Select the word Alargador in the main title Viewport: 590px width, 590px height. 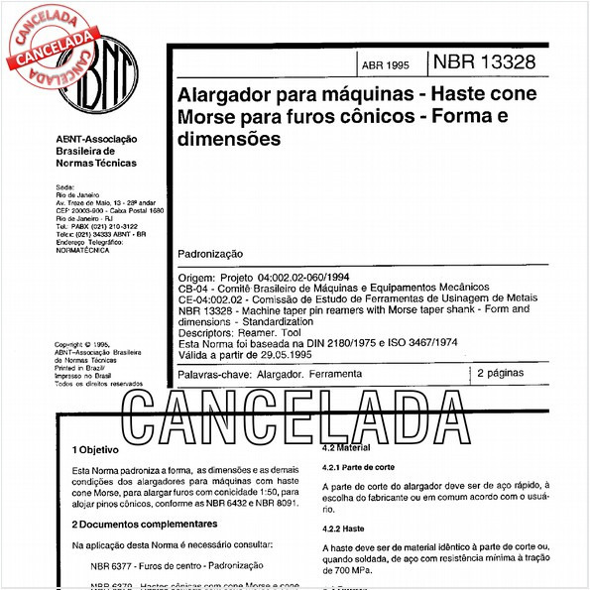pos(223,99)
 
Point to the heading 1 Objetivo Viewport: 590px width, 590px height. pos(95,449)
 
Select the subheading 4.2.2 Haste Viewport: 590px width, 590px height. pos(345,529)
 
